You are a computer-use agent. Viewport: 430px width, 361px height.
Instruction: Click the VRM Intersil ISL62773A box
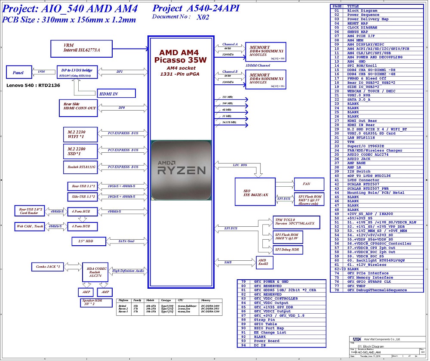tap(82, 48)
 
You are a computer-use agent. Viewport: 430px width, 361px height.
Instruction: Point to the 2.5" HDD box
tap(83, 241)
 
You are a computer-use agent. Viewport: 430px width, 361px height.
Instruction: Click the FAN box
tap(306, 184)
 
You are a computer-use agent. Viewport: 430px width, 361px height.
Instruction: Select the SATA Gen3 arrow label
tap(126, 241)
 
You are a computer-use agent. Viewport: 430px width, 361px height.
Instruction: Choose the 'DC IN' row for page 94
tap(259, 345)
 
